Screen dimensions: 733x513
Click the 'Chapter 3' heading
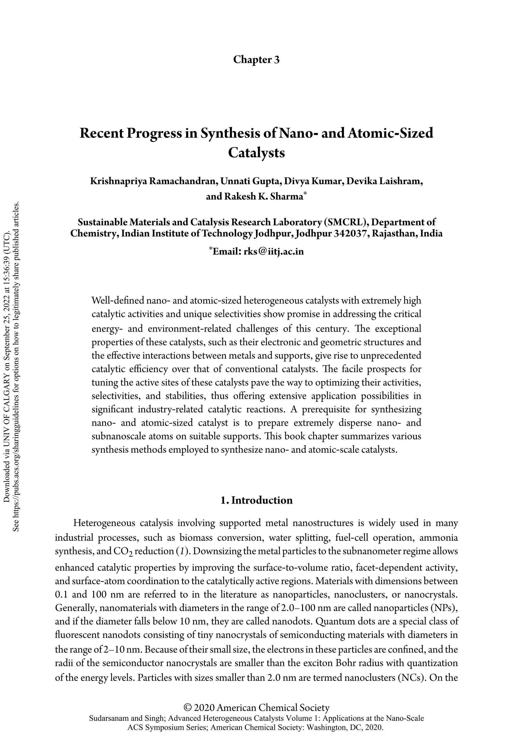point(256,60)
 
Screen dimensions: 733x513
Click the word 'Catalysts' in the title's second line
point(256,153)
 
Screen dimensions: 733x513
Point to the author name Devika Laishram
point(385,181)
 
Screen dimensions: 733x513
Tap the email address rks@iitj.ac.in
point(274,252)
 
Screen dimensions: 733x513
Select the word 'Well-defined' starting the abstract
point(117,300)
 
